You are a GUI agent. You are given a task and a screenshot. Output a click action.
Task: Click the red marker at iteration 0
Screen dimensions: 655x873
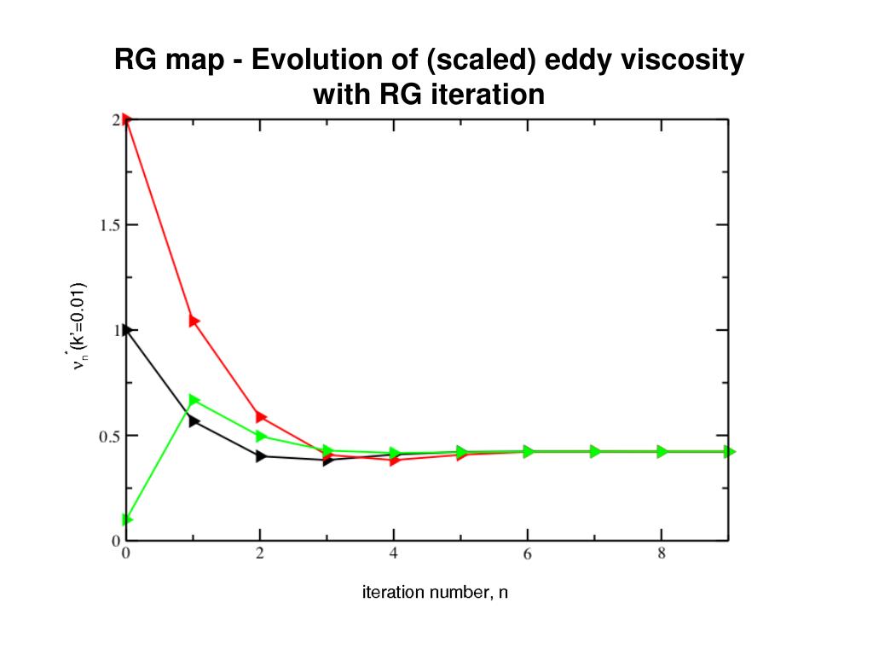pos(127,119)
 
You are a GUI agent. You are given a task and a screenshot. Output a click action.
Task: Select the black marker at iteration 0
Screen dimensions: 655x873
pos(127,329)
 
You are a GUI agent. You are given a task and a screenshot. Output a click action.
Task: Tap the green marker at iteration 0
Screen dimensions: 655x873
pos(127,519)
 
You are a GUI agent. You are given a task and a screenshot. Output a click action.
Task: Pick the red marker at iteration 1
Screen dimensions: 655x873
pos(194,321)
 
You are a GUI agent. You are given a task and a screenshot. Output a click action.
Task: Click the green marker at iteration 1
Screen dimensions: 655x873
pos(194,400)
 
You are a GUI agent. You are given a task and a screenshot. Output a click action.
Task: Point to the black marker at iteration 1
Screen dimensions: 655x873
pos(194,421)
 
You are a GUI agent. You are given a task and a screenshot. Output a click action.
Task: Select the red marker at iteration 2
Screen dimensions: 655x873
pos(261,417)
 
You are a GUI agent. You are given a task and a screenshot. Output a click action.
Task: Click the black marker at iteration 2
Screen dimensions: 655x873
pos(261,456)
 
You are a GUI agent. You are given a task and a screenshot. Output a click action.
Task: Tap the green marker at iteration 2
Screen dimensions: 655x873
pos(261,436)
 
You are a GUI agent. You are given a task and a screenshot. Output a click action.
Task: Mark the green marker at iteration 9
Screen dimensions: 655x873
pos(730,451)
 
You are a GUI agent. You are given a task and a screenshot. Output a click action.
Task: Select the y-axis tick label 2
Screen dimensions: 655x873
pos(114,120)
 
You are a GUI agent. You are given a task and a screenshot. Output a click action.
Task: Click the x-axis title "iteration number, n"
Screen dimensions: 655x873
pos(435,592)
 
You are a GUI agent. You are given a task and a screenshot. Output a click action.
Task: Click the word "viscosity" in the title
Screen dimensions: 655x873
pos(679,61)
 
